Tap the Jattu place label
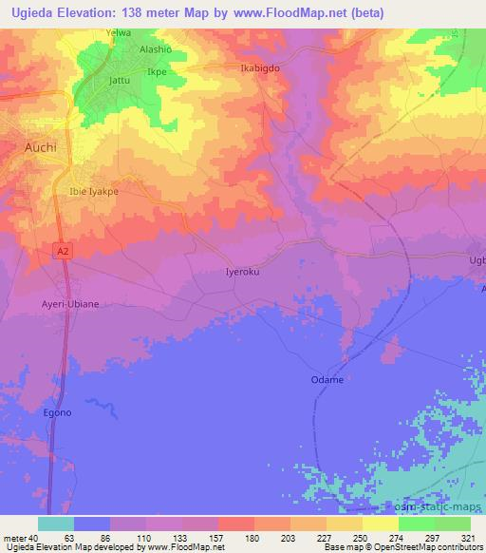point(121,81)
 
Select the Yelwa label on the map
point(119,32)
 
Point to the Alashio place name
point(156,49)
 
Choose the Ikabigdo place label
point(259,69)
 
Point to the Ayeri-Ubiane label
point(69,304)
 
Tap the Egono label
point(57,413)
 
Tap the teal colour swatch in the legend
point(56,523)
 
